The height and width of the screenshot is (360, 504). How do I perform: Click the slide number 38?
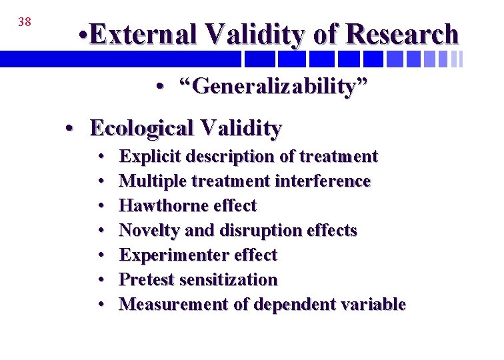pos(25,22)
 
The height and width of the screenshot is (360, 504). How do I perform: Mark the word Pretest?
pos(143,280)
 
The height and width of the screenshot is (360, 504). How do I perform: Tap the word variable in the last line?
pos(373,305)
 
